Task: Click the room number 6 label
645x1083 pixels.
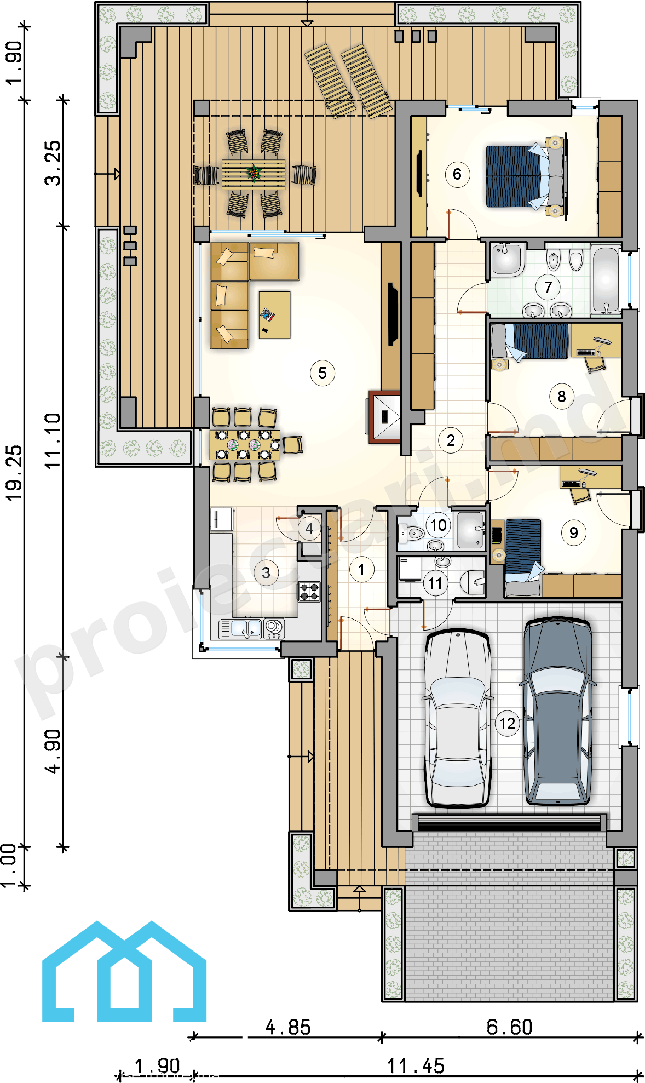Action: pos(457,175)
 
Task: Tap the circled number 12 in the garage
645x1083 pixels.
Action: pos(507,724)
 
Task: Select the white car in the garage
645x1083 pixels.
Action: pos(457,718)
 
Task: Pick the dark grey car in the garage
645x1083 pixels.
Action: pos(557,710)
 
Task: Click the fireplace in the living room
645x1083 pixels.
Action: pos(385,417)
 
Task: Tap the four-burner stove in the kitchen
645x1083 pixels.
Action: pos(309,592)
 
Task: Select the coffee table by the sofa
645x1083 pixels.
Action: pos(274,315)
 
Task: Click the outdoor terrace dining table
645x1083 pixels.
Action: pos(254,175)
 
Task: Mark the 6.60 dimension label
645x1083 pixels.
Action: pos(509,1027)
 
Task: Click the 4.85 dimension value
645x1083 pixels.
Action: pos(288,1027)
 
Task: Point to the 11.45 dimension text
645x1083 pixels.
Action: pos(416,1066)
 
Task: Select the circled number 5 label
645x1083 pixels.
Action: pos(322,373)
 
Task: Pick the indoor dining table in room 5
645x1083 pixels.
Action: pos(244,444)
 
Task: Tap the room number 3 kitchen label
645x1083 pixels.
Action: pos(266,573)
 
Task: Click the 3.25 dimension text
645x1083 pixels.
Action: pos(53,163)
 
